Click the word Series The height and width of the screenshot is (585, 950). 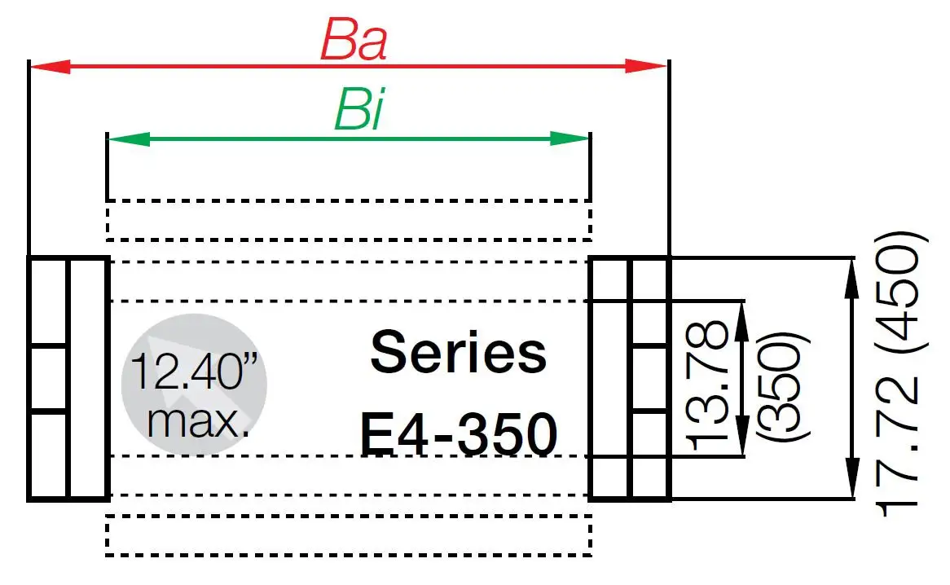pos(459,352)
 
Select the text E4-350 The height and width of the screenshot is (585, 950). pos(459,435)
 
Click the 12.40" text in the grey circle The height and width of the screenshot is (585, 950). pos(196,374)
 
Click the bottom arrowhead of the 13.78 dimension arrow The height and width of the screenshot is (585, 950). pos(742,440)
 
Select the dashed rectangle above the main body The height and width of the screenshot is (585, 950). pos(348,220)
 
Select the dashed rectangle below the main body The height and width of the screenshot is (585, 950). pos(348,535)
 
